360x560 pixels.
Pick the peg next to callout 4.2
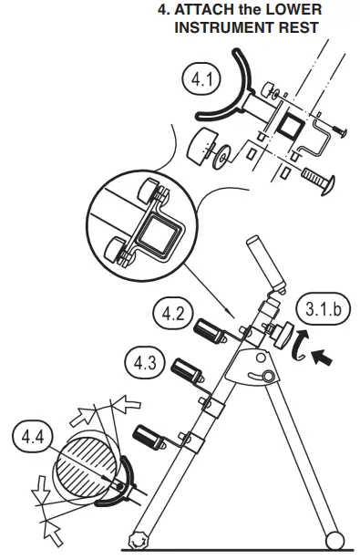tap(209, 328)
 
